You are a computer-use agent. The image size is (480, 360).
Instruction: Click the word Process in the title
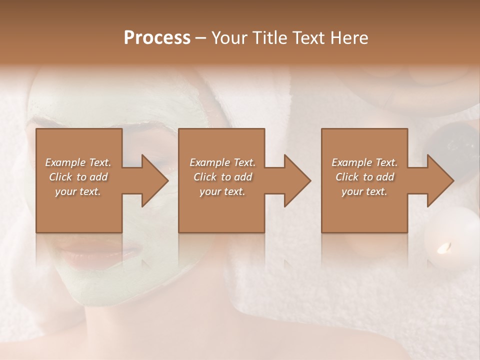pyautogui.click(x=157, y=38)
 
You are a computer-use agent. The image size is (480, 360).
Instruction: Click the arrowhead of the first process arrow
pyautogui.click(x=155, y=180)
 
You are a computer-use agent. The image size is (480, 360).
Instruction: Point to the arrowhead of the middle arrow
pyautogui.click(x=297, y=180)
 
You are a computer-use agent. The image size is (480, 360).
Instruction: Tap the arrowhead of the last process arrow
pyautogui.click(x=440, y=180)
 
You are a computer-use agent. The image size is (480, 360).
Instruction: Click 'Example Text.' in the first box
pyautogui.click(x=78, y=162)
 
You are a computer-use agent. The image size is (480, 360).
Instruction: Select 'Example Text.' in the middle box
pyautogui.click(x=222, y=162)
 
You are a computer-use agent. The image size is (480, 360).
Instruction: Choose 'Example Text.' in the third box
pyautogui.click(x=364, y=162)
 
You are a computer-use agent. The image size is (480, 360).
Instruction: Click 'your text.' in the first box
pyautogui.click(x=78, y=192)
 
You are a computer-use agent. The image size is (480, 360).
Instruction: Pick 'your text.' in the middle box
pyautogui.click(x=222, y=192)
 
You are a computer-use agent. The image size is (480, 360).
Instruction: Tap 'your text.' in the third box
pyautogui.click(x=364, y=192)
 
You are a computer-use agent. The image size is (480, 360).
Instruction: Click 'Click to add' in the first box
pyautogui.click(x=78, y=177)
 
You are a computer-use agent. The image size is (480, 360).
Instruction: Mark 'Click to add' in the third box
pyautogui.click(x=364, y=177)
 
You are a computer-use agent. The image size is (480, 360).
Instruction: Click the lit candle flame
pyautogui.click(x=444, y=247)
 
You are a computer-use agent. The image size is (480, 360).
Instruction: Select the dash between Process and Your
pyautogui.click(x=201, y=38)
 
